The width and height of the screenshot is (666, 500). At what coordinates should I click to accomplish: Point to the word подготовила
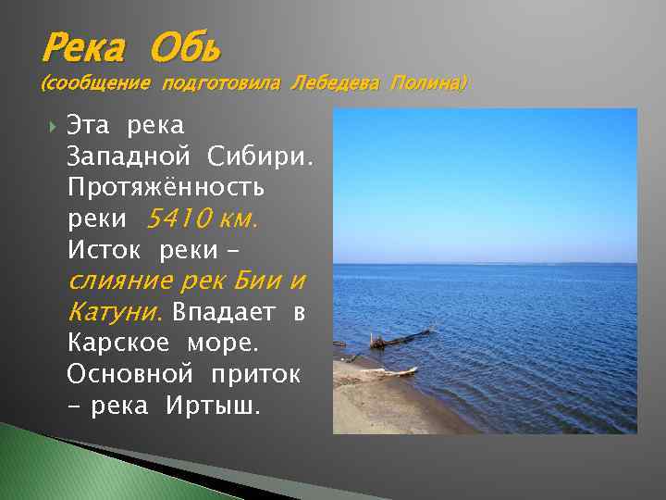[x=221, y=84]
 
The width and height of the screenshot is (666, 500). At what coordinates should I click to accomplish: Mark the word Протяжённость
[x=166, y=187]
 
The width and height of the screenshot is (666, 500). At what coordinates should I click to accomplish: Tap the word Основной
[x=130, y=375]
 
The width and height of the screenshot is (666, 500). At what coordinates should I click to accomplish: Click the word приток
[x=256, y=375]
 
